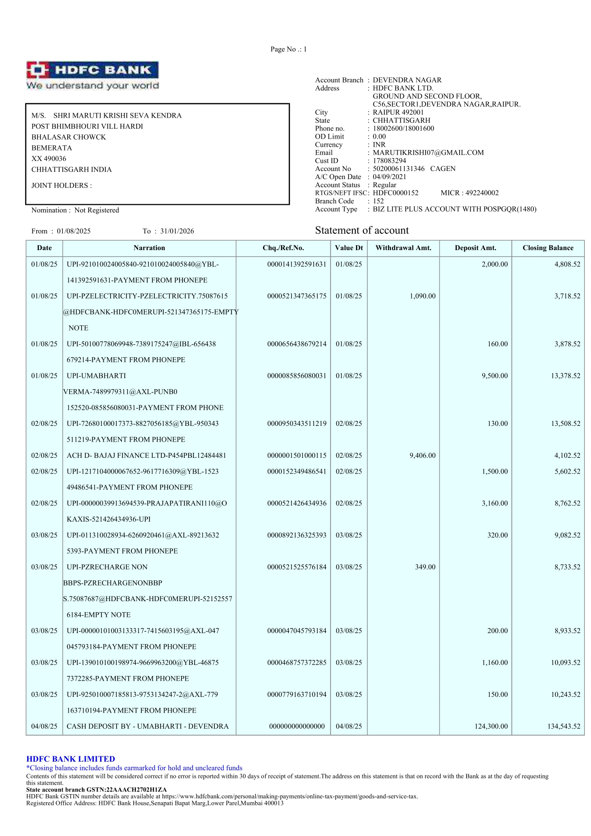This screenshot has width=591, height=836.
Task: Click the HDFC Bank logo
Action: click(x=92, y=75)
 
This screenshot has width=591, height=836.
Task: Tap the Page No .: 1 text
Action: click(x=289, y=49)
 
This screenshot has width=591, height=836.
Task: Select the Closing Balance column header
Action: click(x=548, y=248)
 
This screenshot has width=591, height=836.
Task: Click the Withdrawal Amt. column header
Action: click(x=403, y=248)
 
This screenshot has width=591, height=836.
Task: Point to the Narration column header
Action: click(x=149, y=248)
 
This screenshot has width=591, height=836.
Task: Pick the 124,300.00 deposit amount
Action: click(x=491, y=726)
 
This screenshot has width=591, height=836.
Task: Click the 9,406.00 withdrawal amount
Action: click(x=422, y=455)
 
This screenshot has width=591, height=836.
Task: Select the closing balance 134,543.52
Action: click(x=563, y=726)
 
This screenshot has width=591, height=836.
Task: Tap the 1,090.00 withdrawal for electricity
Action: click(x=422, y=296)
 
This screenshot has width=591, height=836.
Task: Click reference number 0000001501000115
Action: click(x=297, y=455)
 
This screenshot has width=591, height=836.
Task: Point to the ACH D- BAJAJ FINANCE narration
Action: click(x=146, y=455)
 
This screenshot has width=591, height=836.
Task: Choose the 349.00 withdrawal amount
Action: click(x=425, y=567)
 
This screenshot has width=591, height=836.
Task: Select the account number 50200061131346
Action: click(x=399, y=169)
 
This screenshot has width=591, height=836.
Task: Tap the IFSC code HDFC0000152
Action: click(x=395, y=193)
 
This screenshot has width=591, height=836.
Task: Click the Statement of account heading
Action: click(x=361, y=231)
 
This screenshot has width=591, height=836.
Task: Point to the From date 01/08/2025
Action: click(x=74, y=231)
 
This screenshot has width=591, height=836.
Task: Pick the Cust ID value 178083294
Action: click(x=389, y=161)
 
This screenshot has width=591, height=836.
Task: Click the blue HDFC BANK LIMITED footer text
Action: click(x=70, y=759)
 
